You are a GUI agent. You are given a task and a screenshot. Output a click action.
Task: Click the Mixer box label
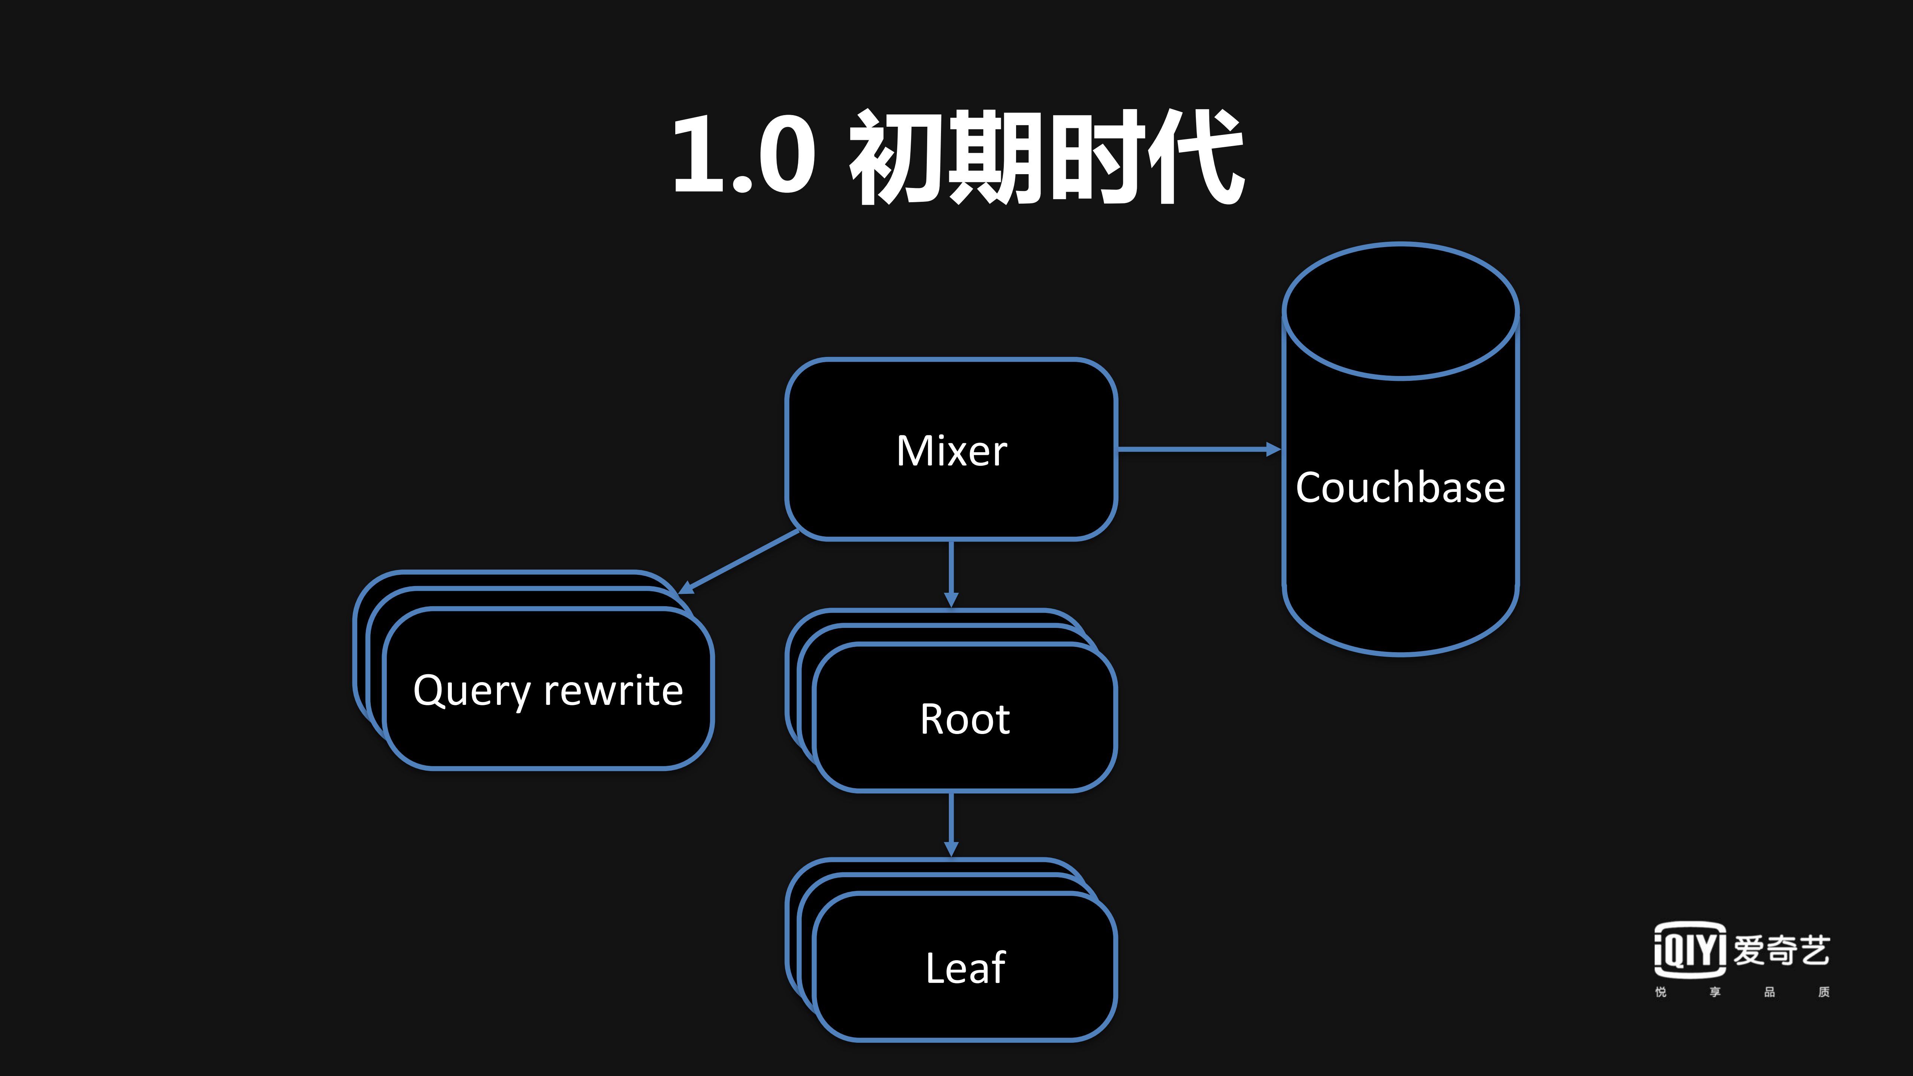click(951, 451)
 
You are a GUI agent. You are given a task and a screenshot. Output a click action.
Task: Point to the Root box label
click(965, 719)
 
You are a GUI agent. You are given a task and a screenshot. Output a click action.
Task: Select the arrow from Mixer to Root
click(951, 572)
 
